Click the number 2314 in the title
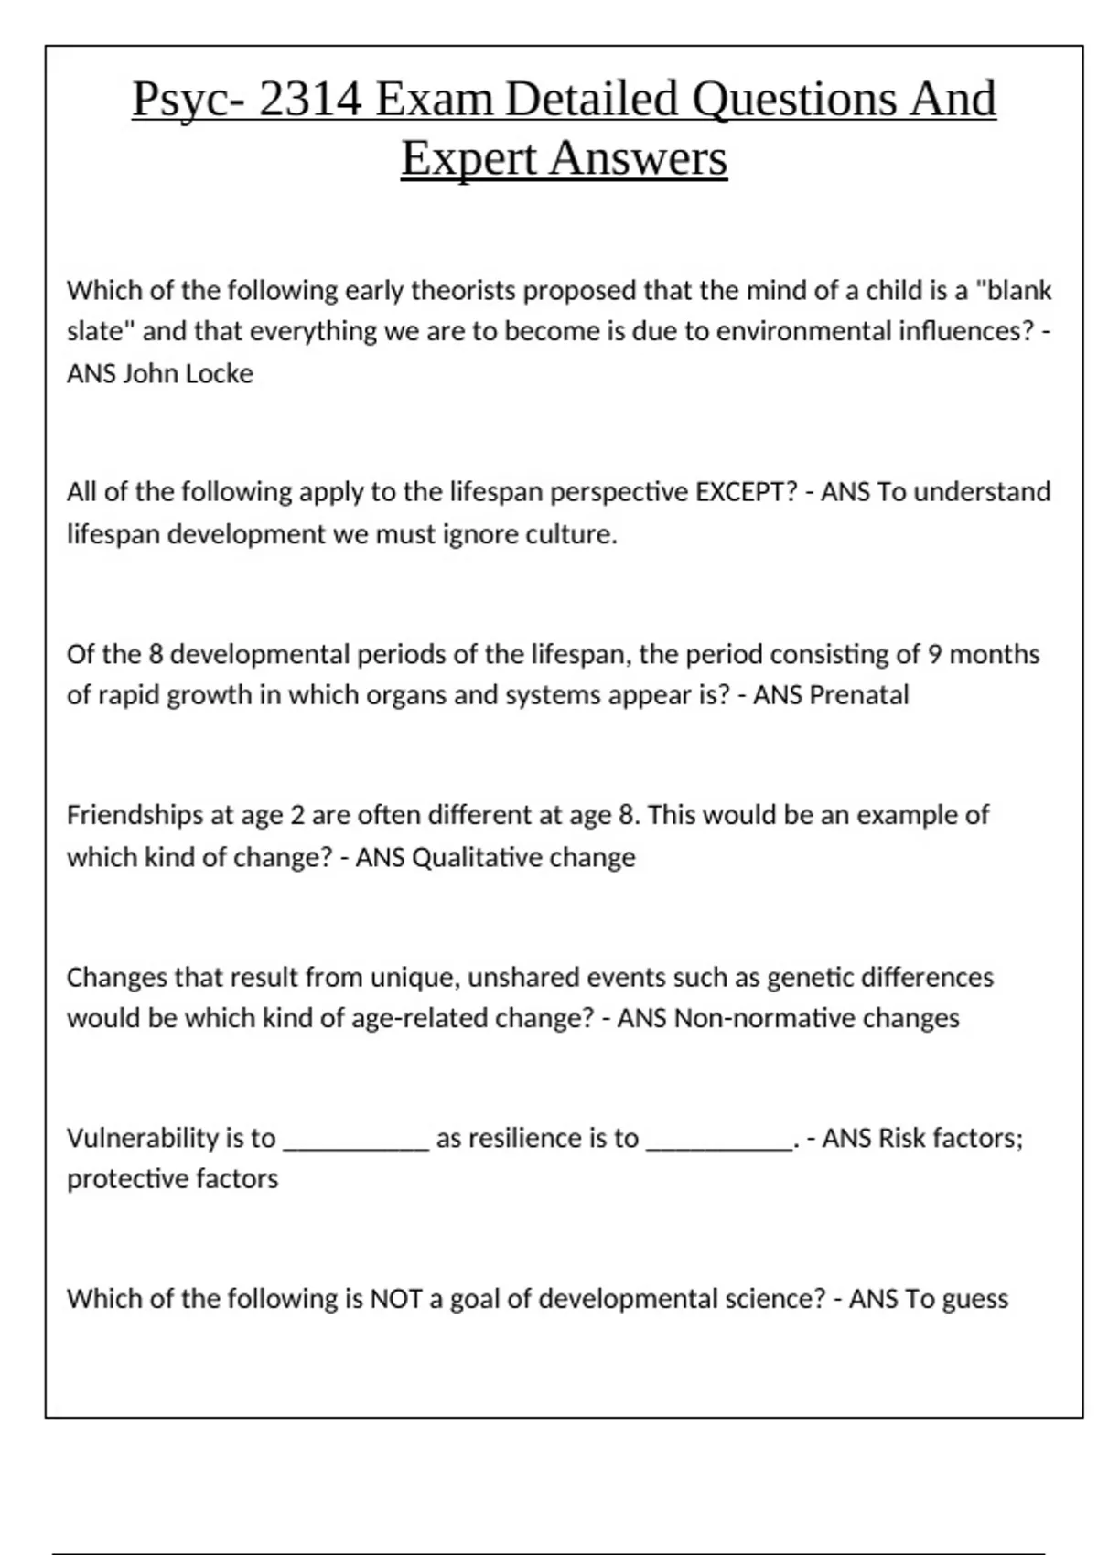[x=310, y=99]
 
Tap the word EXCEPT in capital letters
[x=746, y=492]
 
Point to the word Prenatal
[x=858, y=695]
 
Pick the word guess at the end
[x=974, y=1300]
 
